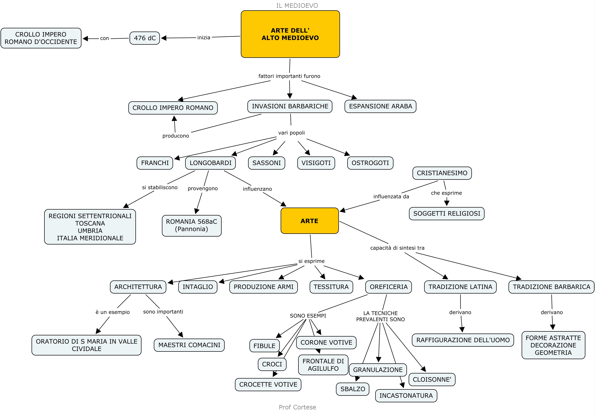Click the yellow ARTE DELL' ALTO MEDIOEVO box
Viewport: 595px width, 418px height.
(290, 34)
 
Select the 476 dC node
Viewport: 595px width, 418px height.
(145, 38)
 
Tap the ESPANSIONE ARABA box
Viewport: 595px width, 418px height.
(380, 106)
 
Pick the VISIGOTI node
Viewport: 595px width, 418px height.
(316, 163)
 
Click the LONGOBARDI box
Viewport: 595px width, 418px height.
(210, 163)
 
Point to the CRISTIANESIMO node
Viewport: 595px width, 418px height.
(442, 173)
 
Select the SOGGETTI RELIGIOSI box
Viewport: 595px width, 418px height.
(447, 213)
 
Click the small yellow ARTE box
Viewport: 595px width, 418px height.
(309, 221)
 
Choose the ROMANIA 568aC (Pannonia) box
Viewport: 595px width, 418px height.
(192, 225)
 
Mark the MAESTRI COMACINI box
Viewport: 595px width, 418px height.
(189, 345)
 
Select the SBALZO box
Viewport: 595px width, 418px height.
(352, 389)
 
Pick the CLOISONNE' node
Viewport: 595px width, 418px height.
(432, 379)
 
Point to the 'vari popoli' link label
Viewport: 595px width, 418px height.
(291, 133)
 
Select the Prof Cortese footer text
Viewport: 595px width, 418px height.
(297, 407)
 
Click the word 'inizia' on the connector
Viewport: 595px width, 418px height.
(204, 38)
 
